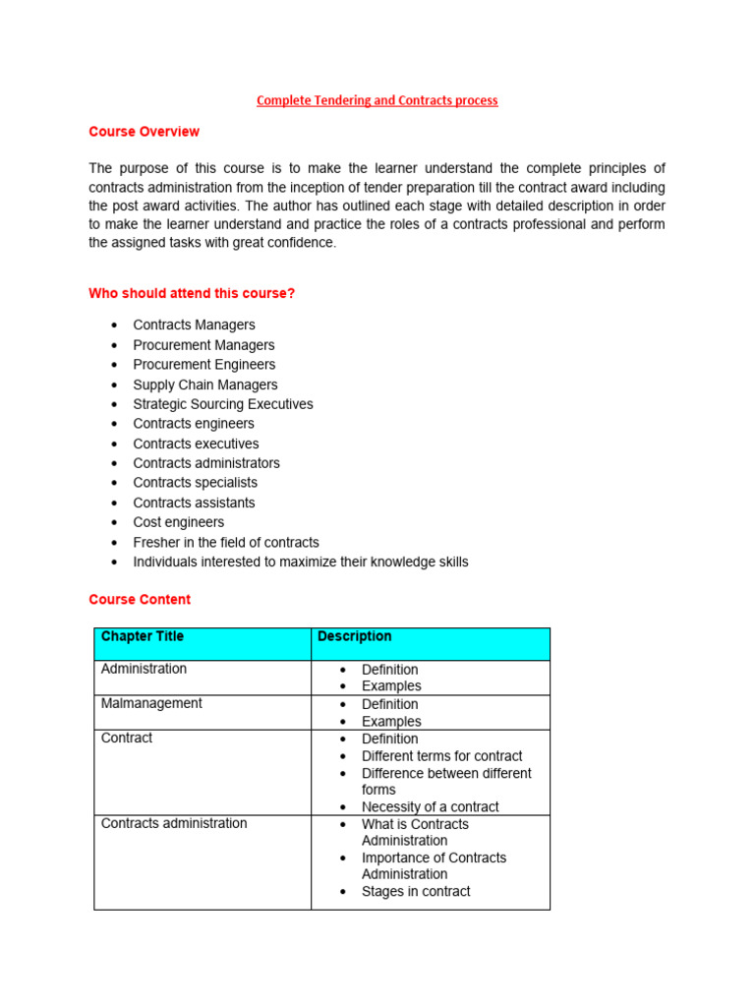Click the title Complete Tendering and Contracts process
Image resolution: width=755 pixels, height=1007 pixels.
point(377,100)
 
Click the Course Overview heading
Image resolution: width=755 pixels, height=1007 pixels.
point(144,132)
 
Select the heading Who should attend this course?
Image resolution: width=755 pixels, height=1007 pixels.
point(192,293)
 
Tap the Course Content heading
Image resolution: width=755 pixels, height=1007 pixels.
point(140,599)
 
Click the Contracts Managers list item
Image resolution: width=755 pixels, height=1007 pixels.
point(194,326)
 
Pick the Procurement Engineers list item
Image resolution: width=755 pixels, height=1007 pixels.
point(203,365)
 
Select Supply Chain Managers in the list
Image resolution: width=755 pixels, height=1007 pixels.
point(204,385)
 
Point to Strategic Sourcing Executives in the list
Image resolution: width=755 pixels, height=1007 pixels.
point(222,404)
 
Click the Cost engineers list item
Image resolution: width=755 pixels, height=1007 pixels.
point(178,522)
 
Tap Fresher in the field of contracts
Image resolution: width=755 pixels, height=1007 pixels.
point(225,542)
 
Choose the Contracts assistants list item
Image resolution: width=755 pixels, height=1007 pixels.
point(194,503)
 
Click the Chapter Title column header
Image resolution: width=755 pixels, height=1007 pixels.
point(143,636)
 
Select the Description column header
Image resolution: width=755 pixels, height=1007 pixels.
point(354,636)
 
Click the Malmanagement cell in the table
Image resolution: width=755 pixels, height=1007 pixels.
point(151,703)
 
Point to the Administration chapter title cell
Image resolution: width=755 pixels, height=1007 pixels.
point(144,669)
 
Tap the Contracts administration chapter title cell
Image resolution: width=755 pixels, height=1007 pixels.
point(174,823)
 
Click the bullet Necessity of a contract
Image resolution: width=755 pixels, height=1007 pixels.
point(430,806)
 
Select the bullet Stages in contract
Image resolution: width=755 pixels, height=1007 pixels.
point(416,891)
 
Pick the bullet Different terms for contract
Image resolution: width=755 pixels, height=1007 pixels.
point(441,756)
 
